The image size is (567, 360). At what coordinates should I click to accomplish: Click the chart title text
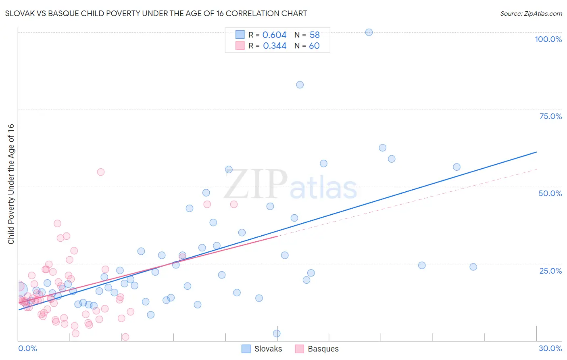(156, 13)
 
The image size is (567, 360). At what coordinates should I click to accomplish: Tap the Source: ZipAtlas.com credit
(531, 13)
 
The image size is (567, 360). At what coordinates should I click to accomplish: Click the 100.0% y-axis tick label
(548, 39)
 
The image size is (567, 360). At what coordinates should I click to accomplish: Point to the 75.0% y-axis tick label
(550, 116)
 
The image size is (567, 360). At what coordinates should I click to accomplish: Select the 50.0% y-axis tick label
(550, 193)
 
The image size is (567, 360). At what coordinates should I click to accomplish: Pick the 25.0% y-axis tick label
(550, 270)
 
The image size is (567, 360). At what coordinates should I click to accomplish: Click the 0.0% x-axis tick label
(27, 348)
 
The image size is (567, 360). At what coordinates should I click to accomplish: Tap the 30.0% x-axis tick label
(550, 348)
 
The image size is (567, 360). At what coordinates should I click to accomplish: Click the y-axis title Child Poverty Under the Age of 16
(11, 184)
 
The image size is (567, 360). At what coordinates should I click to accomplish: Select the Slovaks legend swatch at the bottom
(246, 349)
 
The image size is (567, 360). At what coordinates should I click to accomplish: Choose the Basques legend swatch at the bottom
(299, 349)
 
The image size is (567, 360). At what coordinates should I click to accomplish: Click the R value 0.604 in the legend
(274, 35)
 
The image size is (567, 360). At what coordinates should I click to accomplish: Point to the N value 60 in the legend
(314, 46)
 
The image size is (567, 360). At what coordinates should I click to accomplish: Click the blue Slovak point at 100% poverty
(369, 32)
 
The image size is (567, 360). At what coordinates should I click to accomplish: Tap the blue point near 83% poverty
(300, 85)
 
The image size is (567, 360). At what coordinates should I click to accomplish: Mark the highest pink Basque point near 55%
(101, 172)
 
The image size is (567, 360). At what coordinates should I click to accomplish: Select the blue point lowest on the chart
(277, 333)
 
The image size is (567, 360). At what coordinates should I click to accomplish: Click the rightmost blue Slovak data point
(473, 267)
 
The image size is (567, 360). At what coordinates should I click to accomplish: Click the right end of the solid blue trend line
(536, 152)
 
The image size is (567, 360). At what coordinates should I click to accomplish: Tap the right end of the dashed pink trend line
(537, 169)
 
